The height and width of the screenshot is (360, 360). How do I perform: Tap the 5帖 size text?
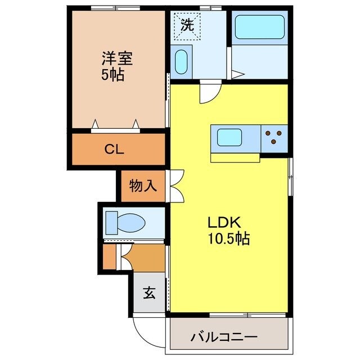click(112, 74)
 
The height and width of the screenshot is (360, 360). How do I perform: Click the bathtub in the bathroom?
click(259, 26)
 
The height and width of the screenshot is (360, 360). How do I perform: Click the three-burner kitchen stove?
click(274, 137)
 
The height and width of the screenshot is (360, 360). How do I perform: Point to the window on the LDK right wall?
click(291, 177)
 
